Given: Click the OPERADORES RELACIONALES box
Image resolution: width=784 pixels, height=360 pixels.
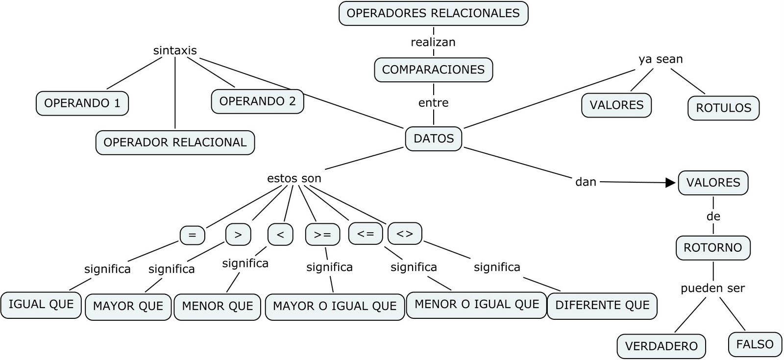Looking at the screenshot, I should [x=433, y=13].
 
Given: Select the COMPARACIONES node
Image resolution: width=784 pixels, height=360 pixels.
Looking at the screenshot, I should [x=433, y=70].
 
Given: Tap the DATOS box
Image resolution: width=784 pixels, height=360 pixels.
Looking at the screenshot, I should [x=434, y=139].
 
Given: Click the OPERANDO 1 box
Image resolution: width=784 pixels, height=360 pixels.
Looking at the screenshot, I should [x=82, y=103].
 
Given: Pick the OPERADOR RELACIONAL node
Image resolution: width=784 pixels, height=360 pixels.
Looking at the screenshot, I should [x=175, y=143].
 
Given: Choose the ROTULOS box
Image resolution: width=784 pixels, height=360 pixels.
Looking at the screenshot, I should [x=723, y=108].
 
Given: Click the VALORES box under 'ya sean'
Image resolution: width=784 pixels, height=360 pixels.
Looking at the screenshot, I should [x=616, y=105].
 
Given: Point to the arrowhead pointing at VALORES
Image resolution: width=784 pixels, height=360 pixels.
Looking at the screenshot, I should [x=670, y=183].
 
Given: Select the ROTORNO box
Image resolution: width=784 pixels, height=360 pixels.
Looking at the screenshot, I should [x=713, y=248].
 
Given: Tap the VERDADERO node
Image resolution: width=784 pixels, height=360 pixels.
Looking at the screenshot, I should [x=661, y=346].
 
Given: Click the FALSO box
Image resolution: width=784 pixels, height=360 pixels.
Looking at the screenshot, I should [x=755, y=344].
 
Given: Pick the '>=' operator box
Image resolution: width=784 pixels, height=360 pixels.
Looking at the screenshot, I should [x=322, y=235].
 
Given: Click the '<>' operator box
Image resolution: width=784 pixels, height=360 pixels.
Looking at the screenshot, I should [x=404, y=234].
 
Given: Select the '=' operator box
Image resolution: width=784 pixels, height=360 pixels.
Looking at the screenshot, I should [x=192, y=235].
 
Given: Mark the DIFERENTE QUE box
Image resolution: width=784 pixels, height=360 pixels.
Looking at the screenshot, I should [x=602, y=306].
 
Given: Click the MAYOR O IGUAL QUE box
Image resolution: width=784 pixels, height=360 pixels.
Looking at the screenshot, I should [x=335, y=307].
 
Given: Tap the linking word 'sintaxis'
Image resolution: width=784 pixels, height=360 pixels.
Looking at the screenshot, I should [x=175, y=50].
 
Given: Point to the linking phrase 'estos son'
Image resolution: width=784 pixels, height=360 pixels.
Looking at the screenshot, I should [x=294, y=178].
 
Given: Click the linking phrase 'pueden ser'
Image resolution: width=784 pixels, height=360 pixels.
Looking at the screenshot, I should [x=712, y=288].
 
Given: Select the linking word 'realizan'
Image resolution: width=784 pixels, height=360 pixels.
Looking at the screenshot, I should [x=433, y=42].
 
